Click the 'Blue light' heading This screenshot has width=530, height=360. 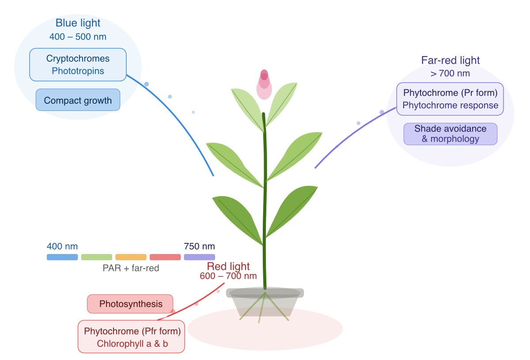point(78,23)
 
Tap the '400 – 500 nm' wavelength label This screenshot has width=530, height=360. point(78,37)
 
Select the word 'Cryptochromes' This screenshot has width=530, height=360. point(78,58)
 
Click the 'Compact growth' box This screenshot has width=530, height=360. point(78,100)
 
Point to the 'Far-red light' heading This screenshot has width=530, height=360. point(450,60)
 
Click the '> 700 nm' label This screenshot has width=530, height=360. point(450,73)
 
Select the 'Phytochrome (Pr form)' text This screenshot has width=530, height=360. point(450,93)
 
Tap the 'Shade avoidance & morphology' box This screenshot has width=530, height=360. point(450,134)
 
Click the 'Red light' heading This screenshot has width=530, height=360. point(228,266)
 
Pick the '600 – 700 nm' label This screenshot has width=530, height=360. point(228,277)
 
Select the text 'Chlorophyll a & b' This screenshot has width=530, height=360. point(132,344)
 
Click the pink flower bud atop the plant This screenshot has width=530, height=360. point(264,84)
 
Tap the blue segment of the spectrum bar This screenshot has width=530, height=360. point(62,257)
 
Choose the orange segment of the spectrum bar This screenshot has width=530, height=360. point(131,257)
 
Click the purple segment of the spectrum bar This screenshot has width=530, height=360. point(199,257)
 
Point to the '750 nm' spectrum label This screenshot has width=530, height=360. point(199,246)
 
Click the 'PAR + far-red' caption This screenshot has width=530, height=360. point(131,268)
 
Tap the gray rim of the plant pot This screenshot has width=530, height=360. point(265,293)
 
